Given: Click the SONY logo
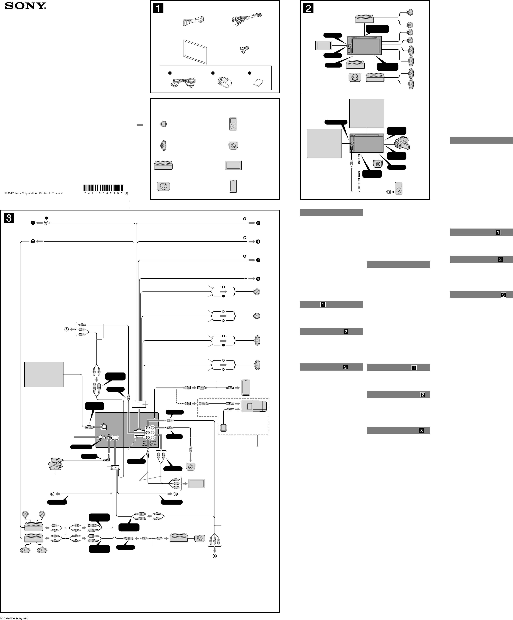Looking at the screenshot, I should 25,6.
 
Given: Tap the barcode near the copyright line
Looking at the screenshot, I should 103,188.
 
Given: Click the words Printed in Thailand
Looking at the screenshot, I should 51,193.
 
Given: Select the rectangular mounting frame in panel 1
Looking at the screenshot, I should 195,51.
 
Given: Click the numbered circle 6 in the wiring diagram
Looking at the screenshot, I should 258,279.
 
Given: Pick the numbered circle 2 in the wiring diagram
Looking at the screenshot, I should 33,241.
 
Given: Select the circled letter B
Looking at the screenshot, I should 176,494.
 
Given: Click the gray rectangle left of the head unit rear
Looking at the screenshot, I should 44,374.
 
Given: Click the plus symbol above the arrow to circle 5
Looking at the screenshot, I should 245,256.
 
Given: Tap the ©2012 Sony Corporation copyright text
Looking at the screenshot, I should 21,193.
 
